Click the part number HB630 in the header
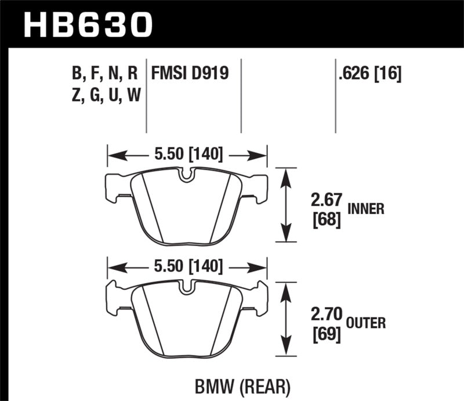(x=87, y=24)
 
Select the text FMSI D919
(x=190, y=74)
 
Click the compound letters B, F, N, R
(x=104, y=74)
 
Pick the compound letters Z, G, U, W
(x=104, y=95)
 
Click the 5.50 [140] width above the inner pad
(x=187, y=156)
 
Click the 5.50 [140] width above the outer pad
(x=187, y=267)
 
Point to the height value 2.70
(x=325, y=317)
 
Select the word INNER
(x=366, y=209)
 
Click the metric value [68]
(x=324, y=221)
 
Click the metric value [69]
(x=324, y=335)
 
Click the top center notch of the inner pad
(x=187, y=175)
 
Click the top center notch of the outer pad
(x=187, y=287)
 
